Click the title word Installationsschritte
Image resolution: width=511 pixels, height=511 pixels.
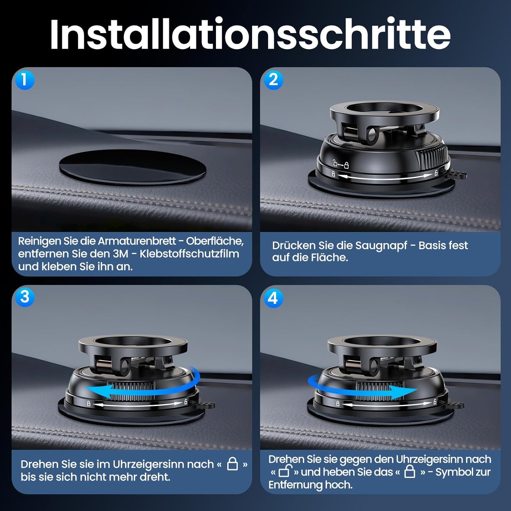[x=250, y=34]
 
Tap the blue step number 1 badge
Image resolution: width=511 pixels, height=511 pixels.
[x=24, y=80]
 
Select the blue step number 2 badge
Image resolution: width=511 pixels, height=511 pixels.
[x=273, y=80]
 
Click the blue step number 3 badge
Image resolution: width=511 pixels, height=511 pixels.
[x=25, y=297]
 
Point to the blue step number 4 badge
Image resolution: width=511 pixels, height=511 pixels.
[x=273, y=298]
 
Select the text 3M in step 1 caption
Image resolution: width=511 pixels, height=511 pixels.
[x=120, y=254]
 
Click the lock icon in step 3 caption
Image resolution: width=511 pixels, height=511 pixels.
[x=232, y=464]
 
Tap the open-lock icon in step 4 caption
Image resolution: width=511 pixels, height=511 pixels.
[x=284, y=472]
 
